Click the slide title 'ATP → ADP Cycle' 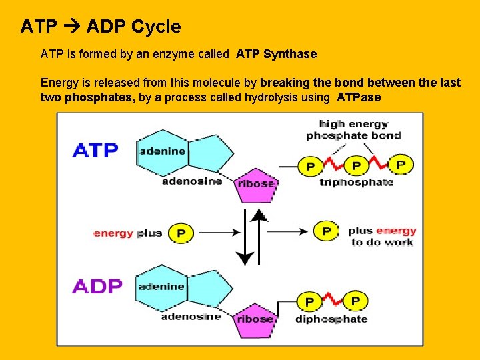coord(101,27)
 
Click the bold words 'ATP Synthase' coord(276,54)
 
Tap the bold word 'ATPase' coord(359,97)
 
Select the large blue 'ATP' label coord(95,151)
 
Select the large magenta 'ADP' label coord(97,286)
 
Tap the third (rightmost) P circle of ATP coord(400,164)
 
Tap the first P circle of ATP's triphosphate coord(310,166)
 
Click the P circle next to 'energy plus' coord(180,233)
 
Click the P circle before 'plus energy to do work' coord(326,231)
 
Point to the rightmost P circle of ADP coord(355,301)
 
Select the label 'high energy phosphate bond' coord(353,129)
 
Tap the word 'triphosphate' coord(356,182)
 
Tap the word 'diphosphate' coord(331,319)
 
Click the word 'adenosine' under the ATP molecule coord(191,181)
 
